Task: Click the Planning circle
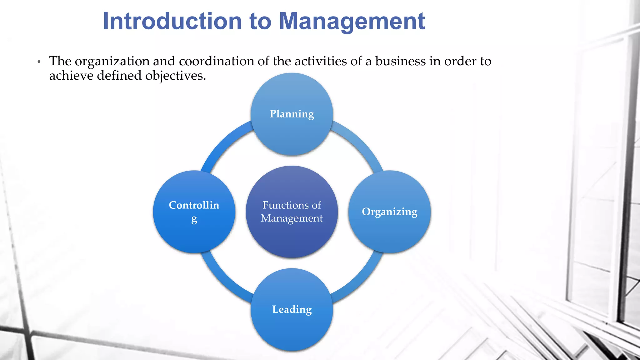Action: (x=292, y=114)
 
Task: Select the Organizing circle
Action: (x=389, y=212)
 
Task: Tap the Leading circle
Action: (x=292, y=309)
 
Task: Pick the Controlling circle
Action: (x=194, y=212)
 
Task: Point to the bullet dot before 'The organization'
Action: (x=39, y=62)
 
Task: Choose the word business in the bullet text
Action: (x=400, y=61)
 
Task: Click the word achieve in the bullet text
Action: (x=71, y=75)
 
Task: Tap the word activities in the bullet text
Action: (x=321, y=61)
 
